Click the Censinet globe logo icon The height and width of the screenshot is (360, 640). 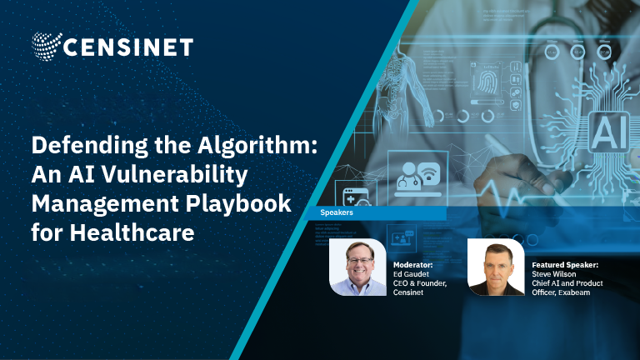[x=47, y=46]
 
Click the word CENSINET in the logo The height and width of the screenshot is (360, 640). [x=128, y=47]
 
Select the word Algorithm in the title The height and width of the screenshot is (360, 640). [x=257, y=146]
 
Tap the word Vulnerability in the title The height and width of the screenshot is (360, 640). [x=175, y=175]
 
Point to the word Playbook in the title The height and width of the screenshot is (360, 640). [x=238, y=203]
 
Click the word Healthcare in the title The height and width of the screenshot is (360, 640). [x=132, y=232]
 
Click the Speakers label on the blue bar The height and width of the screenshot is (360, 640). [x=337, y=212]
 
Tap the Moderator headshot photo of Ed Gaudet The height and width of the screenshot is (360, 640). [x=357, y=267]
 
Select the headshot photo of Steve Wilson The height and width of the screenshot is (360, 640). [x=496, y=267]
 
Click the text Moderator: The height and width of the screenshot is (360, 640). [x=412, y=265]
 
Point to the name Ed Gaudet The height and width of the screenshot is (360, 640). [x=411, y=274]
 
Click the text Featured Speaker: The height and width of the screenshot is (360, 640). [x=565, y=265]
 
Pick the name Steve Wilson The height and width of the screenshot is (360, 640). [x=554, y=274]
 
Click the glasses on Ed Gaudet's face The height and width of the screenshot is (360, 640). [x=360, y=260]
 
